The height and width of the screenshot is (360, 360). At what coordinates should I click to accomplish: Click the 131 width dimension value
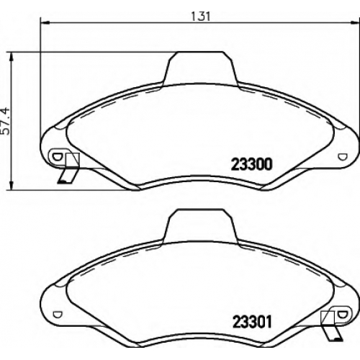201,17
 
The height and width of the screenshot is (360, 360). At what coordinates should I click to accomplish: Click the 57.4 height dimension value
5,121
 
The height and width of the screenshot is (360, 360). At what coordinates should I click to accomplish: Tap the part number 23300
251,164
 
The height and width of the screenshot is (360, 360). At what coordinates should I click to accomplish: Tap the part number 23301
252,322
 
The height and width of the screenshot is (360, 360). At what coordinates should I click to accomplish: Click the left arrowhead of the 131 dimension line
45,23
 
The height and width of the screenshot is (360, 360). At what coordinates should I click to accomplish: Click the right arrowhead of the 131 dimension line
355,23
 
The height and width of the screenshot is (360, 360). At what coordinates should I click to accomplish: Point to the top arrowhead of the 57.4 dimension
11,57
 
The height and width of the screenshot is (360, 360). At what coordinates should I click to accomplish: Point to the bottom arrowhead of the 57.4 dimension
11,186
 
